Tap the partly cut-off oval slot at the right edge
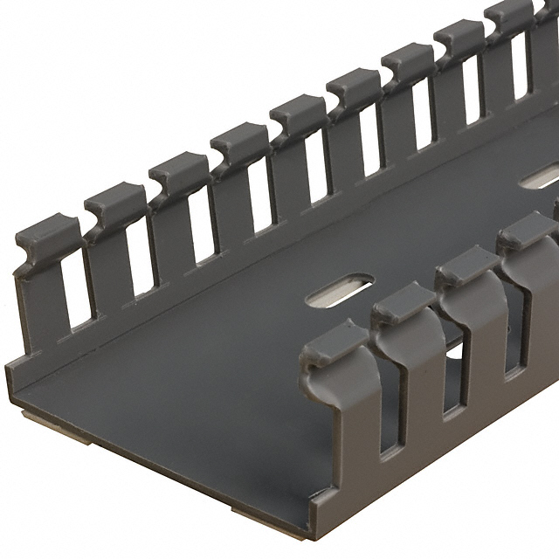tap(538, 180)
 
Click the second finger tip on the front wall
tap(403, 300)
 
